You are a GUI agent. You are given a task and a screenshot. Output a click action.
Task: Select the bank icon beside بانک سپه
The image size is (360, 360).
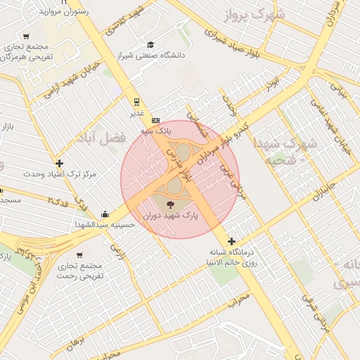point(155,120)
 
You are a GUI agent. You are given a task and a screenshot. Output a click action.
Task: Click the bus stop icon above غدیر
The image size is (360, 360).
point(136,101)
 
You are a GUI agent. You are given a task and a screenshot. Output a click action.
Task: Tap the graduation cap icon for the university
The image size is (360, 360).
point(149,44)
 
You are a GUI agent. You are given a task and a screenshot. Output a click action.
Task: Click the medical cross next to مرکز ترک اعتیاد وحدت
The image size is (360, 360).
point(60,163)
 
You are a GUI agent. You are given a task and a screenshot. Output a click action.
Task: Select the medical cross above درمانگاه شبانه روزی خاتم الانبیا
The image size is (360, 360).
point(231,241)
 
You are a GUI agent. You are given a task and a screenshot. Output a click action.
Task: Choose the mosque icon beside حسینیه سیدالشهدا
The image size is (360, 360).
point(105,214)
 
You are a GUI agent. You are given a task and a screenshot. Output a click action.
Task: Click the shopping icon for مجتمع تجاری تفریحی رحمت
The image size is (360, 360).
point(79,255)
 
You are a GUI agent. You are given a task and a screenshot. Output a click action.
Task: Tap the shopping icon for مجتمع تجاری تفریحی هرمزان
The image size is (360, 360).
point(26,37)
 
